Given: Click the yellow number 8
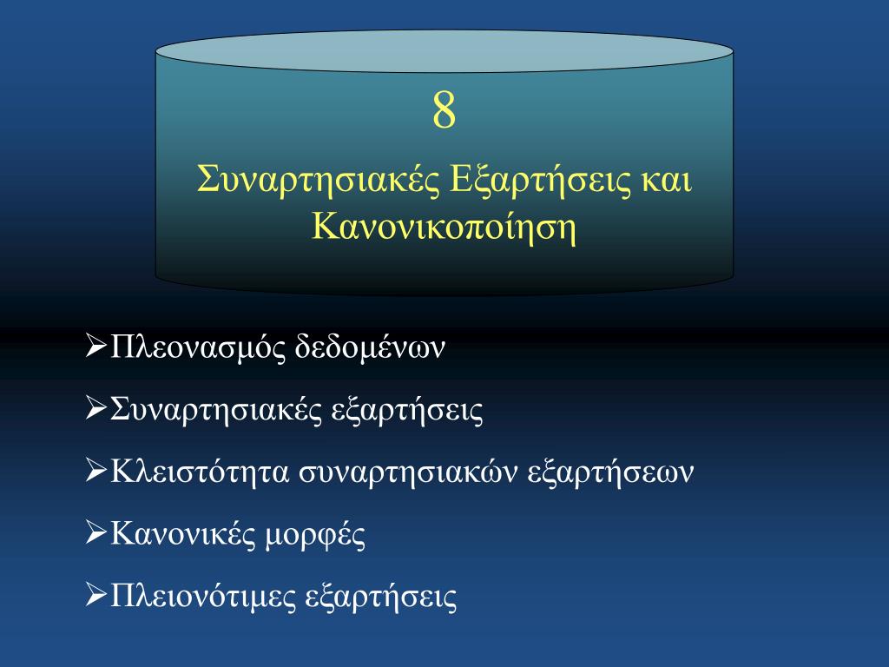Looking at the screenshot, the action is (x=444, y=109).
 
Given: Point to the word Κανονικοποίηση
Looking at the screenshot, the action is (x=444, y=227).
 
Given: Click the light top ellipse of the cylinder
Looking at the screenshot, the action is (x=444, y=51).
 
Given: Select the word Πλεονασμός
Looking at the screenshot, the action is (x=199, y=347).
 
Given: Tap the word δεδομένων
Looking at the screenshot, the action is (x=370, y=347).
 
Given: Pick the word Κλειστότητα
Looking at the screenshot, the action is (x=201, y=472).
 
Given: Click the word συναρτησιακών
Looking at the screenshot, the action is (x=409, y=472).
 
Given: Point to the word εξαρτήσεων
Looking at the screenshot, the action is (x=610, y=472).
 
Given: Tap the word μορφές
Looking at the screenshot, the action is (x=315, y=535).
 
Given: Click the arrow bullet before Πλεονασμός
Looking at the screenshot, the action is (x=96, y=346).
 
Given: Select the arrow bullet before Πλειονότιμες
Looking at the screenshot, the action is (x=96, y=595).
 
